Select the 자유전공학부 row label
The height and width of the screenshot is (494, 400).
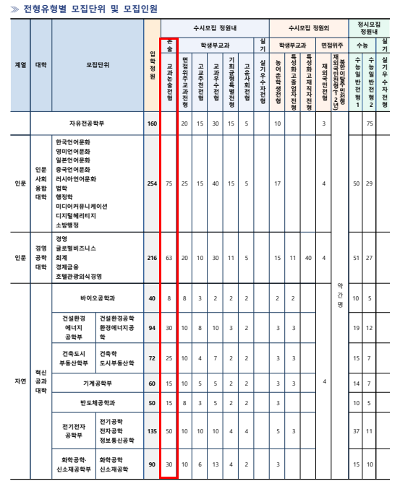pos(98,123)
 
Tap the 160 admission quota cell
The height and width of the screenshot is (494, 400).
pos(151,123)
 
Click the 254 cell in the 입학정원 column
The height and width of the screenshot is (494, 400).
pos(151,183)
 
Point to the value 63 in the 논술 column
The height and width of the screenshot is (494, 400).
pos(169,257)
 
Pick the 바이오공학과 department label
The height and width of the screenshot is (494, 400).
pos(98,298)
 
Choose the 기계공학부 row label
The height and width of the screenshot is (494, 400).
pos(98,382)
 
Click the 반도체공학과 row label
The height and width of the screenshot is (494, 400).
pos(98,402)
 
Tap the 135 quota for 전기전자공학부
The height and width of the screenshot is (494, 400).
pos(151,431)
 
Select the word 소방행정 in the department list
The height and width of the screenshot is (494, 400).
pos(69,226)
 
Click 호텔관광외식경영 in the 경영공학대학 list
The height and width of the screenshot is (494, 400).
pos(79,276)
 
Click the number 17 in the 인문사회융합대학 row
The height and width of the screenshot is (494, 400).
pos(277,183)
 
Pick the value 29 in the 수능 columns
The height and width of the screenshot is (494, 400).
pos(370,183)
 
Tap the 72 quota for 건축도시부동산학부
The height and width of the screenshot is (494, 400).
pos(151,358)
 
